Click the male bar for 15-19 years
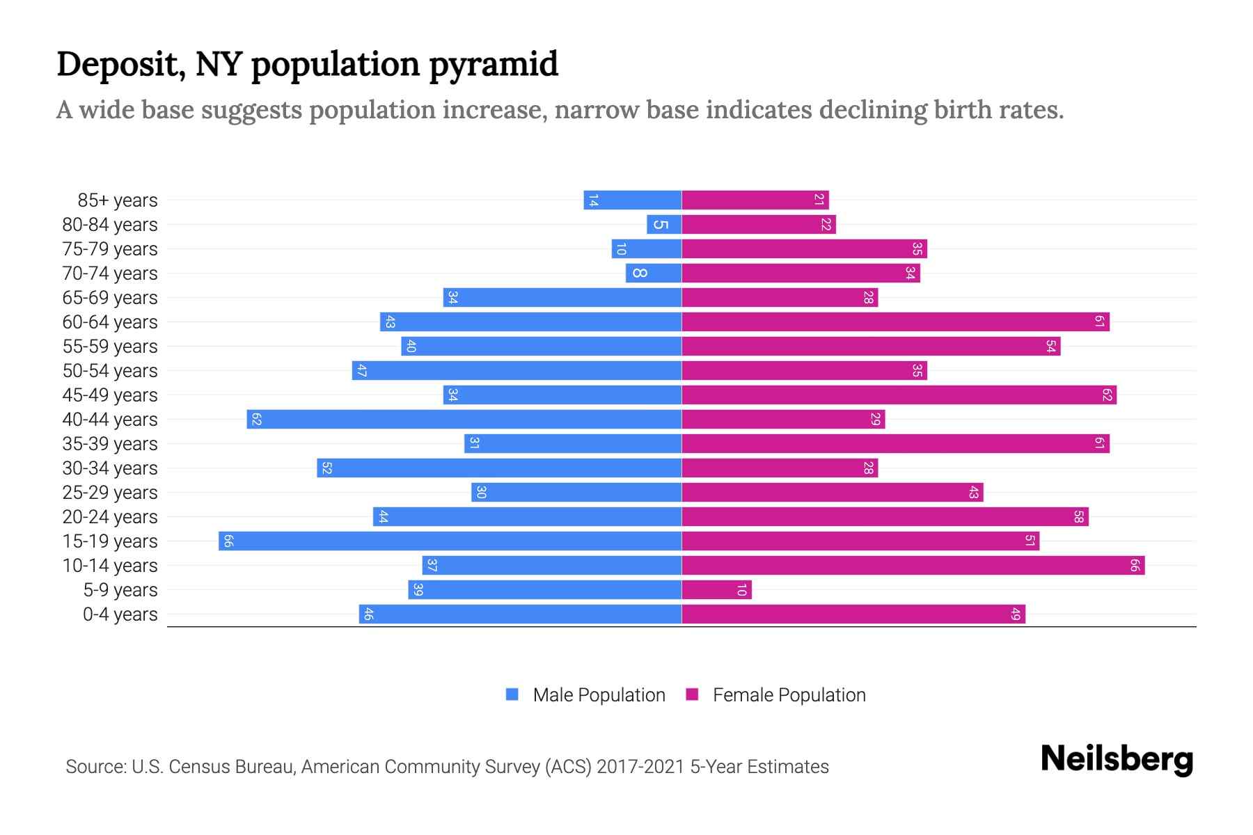[x=450, y=541]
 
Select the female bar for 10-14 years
[x=913, y=565]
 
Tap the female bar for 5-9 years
[x=716, y=589]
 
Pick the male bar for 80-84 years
[x=664, y=224]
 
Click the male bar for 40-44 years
[x=464, y=419]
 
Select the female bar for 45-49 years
[x=899, y=395]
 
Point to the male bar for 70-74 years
[x=654, y=273]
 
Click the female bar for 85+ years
[x=755, y=200]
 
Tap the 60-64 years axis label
[x=110, y=322]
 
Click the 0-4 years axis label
[x=120, y=614]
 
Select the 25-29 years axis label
[x=110, y=493]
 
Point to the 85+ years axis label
[x=118, y=200]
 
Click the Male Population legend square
[x=512, y=694]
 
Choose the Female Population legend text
[x=789, y=694]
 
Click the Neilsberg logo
[x=1117, y=759]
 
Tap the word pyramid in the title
[x=493, y=64]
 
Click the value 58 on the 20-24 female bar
[x=1078, y=516]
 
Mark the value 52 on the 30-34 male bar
[x=326, y=468]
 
